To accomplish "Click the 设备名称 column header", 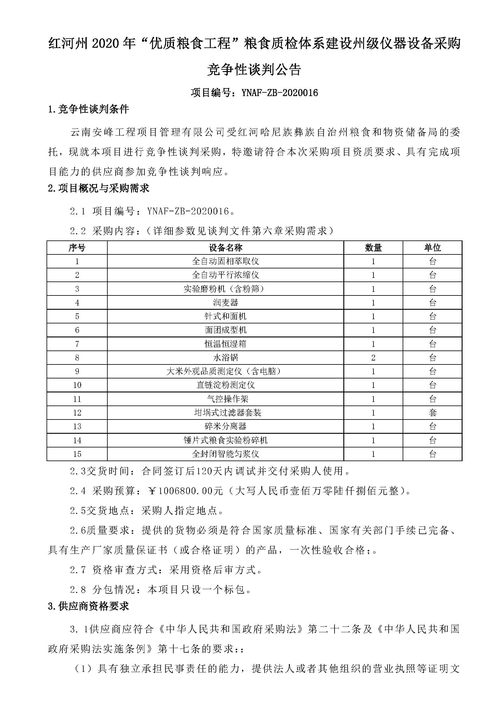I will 225,247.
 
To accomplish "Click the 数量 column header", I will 373,247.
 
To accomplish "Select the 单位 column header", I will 432,247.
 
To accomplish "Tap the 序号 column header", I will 77,247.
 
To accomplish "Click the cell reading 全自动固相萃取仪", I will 225,261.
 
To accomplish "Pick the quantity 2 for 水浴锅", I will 373,358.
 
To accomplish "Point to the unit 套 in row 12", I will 432,412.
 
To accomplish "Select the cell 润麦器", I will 225,302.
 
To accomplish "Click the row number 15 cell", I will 77,454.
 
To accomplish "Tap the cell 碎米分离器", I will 225,426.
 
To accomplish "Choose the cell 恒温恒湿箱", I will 225,344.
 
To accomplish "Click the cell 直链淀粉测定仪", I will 225,385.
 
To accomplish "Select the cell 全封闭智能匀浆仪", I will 225,454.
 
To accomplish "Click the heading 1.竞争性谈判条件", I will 88,109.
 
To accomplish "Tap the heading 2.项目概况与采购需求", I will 99,188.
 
